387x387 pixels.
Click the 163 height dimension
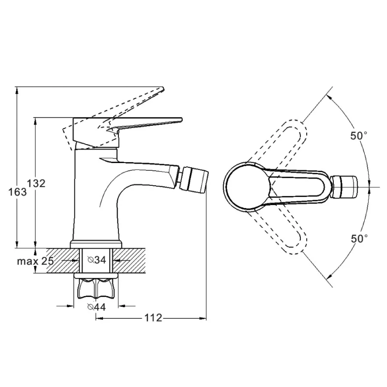pyautogui.click(x=17, y=192)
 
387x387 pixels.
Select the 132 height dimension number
pyautogui.click(x=36, y=183)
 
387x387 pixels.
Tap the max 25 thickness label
pyautogui.click(x=35, y=261)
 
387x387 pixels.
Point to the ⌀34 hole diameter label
pyautogui.click(x=97, y=260)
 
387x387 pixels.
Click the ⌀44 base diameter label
pyautogui.click(x=96, y=307)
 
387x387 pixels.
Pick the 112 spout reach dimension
pyautogui.click(x=153, y=318)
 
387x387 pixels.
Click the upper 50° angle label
pyautogui.click(x=359, y=135)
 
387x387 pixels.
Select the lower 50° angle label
pyautogui.click(x=359, y=238)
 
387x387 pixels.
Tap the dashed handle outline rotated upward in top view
pyautogui.click(x=279, y=143)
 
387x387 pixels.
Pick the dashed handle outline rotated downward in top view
pyautogui.click(x=279, y=231)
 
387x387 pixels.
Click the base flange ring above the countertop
pyautogui.click(x=96, y=244)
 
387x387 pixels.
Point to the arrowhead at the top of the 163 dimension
pyautogui.click(x=17, y=90)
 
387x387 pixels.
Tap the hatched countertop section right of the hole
pyautogui.click(x=129, y=261)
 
